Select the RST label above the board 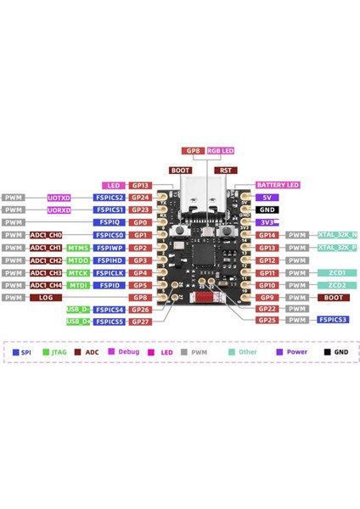click(225, 170)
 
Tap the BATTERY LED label click(277, 185)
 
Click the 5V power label click(266, 197)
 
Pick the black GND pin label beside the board click(267, 209)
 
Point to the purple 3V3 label click(267, 222)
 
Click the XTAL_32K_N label click(337, 235)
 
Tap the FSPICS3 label click(331, 320)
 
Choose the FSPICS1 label click(110, 210)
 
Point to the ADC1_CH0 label click(46, 235)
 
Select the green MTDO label click(78, 260)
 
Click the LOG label click(46, 298)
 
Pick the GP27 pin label click(140, 322)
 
